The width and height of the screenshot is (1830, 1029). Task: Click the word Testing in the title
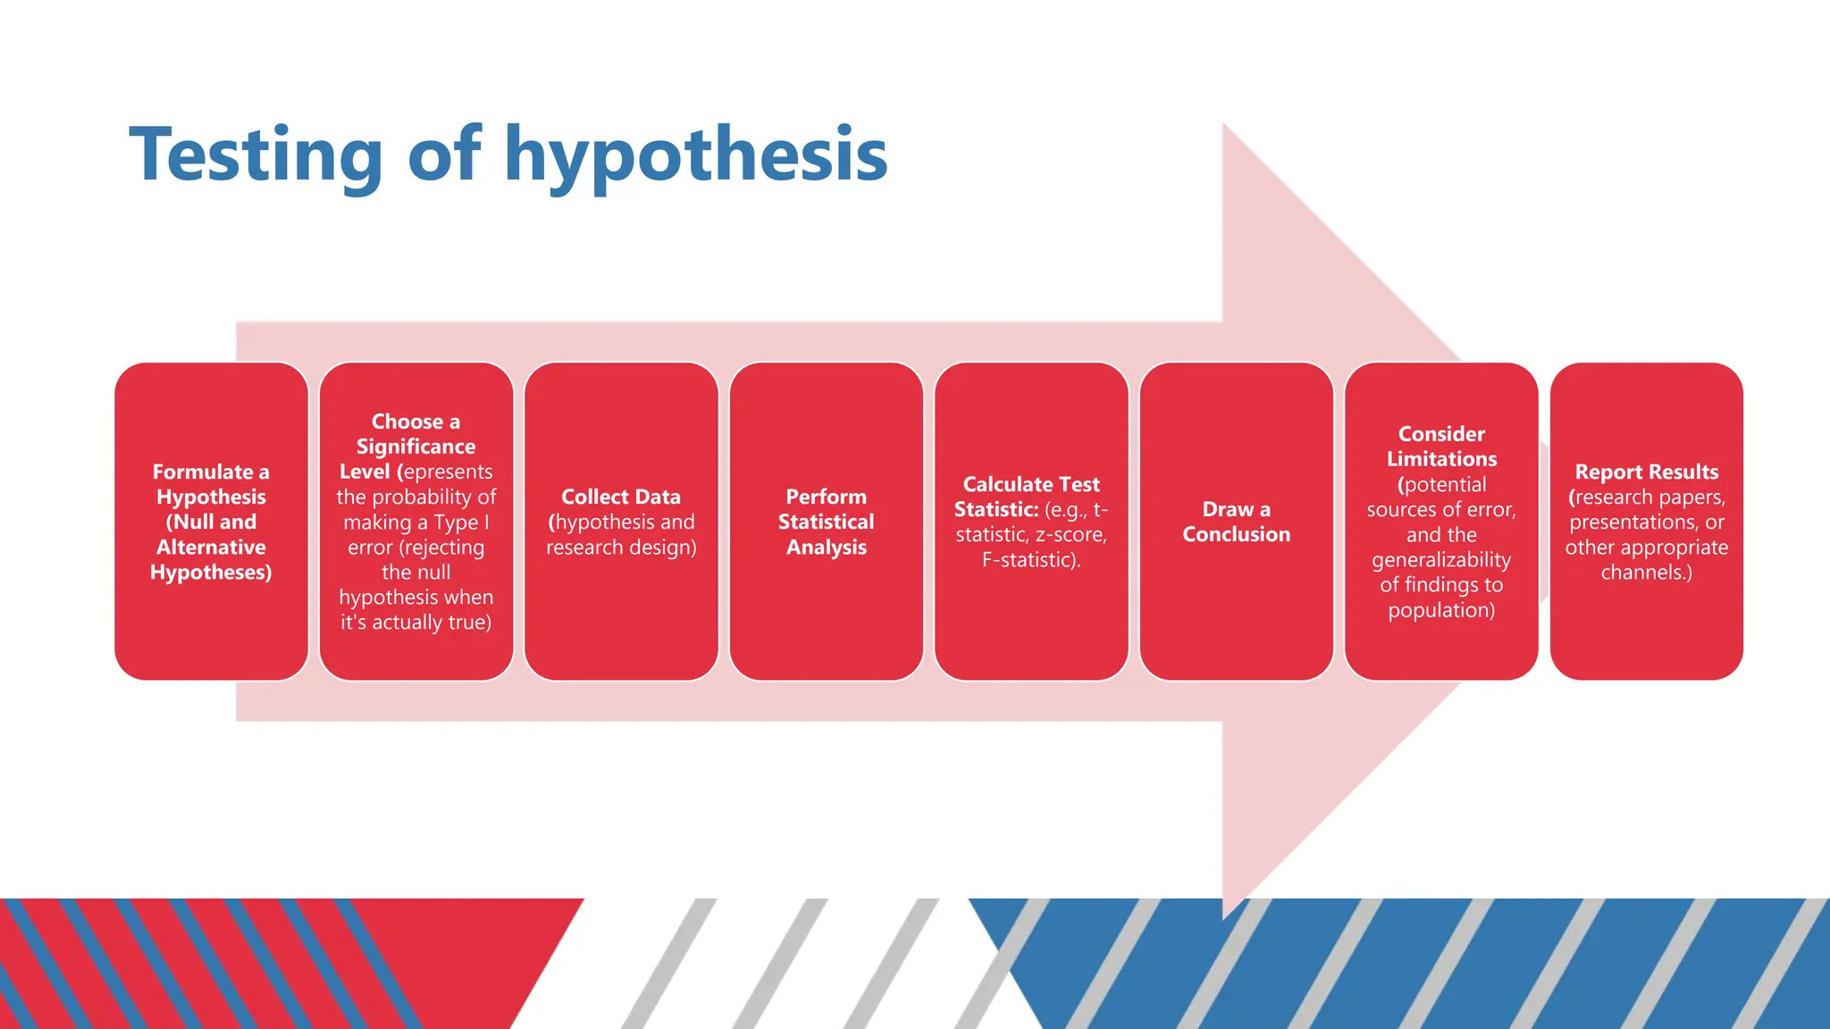point(256,156)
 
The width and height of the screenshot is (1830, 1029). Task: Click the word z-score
point(1070,535)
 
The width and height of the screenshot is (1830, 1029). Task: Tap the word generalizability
point(1441,560)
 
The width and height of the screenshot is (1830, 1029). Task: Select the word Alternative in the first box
point(211,548)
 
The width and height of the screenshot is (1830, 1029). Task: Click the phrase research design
point(621,548)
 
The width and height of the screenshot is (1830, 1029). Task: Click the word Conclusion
point(1237,535)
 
